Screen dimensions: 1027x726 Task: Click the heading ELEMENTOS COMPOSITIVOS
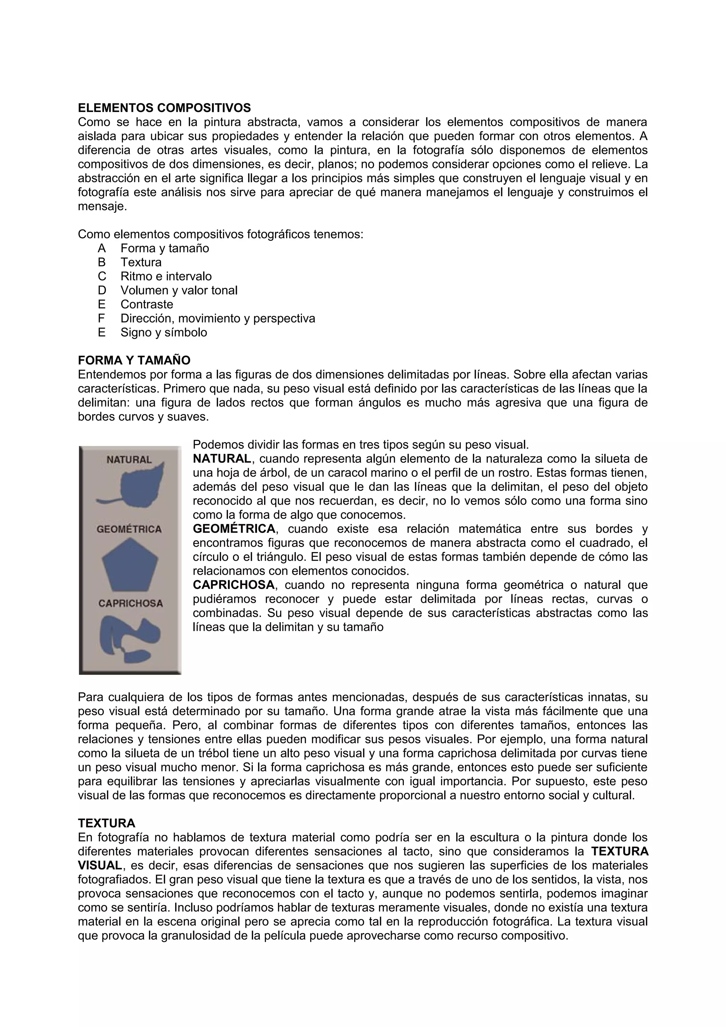point(164,108)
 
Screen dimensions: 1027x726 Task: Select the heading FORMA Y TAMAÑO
point(134,360)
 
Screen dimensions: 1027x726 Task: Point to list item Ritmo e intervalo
point(166,276)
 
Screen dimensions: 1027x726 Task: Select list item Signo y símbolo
point(164,332)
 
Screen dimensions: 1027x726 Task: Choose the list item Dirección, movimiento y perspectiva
point(218,319)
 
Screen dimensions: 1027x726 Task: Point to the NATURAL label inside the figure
point(129,460)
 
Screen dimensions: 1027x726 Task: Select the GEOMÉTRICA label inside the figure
point(129,529)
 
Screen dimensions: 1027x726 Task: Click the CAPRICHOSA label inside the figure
point(130,604)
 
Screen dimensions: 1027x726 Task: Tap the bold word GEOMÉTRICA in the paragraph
point(234,529)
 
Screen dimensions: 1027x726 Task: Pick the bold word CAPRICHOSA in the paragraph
point(234,585)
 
